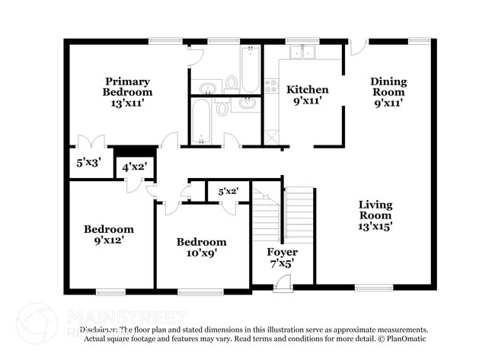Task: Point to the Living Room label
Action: point(375,215)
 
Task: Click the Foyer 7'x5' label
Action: point(282,257)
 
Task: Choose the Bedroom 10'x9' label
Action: point(201,247)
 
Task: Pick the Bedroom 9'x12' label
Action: point(108,234)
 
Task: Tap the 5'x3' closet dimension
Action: point(88,162)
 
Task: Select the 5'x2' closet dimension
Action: point(228,192)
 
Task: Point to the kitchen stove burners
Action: point(271,86)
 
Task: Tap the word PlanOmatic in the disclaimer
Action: point(407,339)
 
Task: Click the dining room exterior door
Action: point(359,46)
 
